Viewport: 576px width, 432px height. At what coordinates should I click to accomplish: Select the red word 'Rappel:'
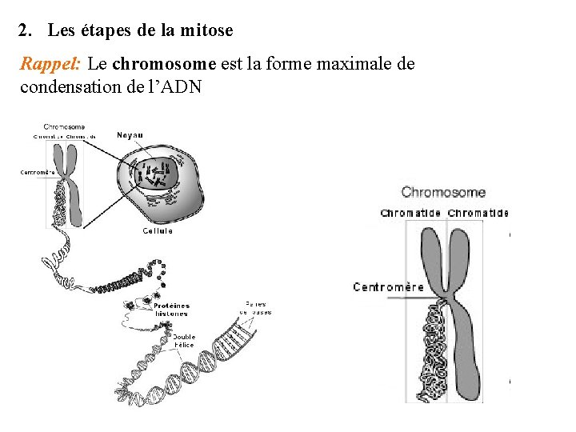coord(50,64)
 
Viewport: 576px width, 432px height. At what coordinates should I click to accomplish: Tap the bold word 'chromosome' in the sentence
coord(165,64)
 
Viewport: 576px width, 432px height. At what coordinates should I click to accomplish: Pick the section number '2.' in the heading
coord(26,31)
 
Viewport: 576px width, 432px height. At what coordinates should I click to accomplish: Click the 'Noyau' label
coord(130,135)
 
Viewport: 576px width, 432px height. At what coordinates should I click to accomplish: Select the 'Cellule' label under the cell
coord(158,231)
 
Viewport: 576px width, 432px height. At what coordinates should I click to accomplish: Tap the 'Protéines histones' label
coord(171,309)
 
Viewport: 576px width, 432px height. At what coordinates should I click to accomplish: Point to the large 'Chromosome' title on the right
coord(443,192)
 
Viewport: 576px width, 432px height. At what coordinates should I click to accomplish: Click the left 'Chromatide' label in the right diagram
coord(410,214)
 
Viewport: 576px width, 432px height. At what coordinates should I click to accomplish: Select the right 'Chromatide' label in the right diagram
coord(478,214)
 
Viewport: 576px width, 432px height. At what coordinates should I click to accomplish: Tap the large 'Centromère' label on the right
coord(389,286)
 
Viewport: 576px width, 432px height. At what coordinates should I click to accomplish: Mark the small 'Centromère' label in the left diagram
coord(38,172)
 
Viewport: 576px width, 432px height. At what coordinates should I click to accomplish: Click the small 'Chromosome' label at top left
coord(64,126)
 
